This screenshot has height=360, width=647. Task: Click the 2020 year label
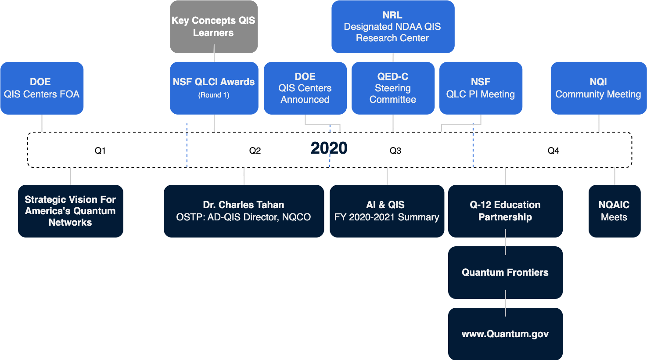pyautogui.click(x=329, y=149)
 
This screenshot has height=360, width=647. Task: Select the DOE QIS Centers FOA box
pyautogui.click(x=42, y=88)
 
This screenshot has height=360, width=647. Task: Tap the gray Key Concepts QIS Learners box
pyautogui.click(x=214, y=27)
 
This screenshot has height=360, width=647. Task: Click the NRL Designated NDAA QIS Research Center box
pyautogui.click(x=392, y=27)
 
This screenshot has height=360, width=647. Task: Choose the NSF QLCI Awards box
pyautogui.click(x=214, y=88)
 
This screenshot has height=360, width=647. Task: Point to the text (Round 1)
pyautogui.click(x=214, y=95)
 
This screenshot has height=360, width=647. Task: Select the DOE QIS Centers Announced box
pyautogui.click(x=305, y=88)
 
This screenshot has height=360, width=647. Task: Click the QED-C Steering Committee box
pyautogui.click(x=393, y=88)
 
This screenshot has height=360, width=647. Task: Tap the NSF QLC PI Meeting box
pyautogui.click(x=481, y=88)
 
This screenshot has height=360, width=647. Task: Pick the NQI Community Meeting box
pyautogui.click(x=598, y=88)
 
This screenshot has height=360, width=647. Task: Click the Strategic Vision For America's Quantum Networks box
pyautogui.click(x=70, y=211)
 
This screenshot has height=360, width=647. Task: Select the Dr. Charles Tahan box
pyautogui.click(x=244, y=211)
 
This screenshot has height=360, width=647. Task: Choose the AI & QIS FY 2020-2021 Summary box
pyautogui.click(x=387, y=211)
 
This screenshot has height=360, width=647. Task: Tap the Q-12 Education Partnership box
pyautogui.click(x=505, y=211)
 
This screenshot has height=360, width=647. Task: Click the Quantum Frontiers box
pyautogui.click(x=505, y=273)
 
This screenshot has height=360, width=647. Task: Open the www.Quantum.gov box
pyautogui.click(x=505, y=334)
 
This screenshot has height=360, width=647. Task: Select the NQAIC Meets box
pyautogui.click(x=614, y=211)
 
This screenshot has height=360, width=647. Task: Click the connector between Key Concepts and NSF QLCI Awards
pyautogui.click(x=214, y=58)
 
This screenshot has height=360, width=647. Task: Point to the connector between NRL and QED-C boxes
pyautogui.click(x=393, y=58)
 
